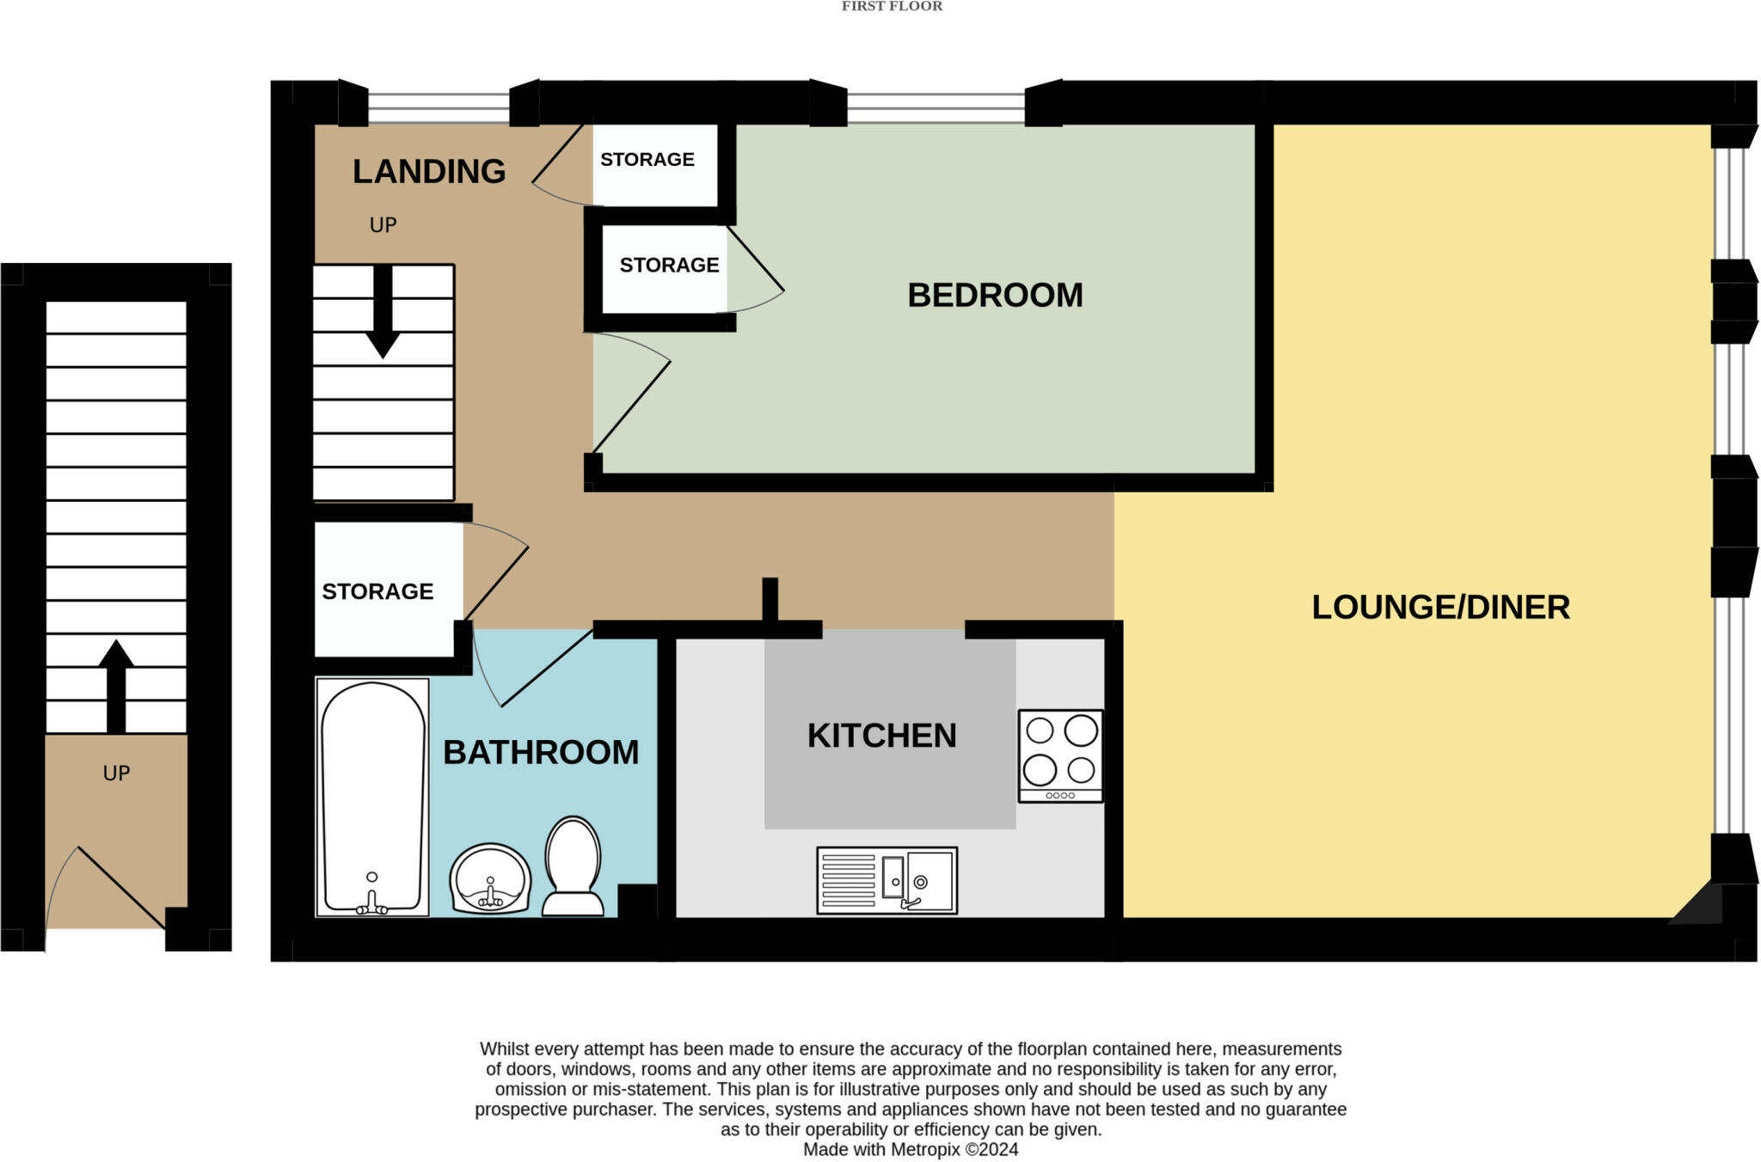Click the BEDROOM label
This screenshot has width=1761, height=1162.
click(x=995, y=295)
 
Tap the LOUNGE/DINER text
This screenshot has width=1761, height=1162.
click(x=1440, y=607)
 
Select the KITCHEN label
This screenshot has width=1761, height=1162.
click(x=881, y=736)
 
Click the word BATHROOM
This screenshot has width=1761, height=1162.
click(x=541, y=752)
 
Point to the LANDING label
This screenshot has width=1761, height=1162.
click(x=429, y=171)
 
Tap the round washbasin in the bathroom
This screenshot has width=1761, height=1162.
click(x=490, y=880)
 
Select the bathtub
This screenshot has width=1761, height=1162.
click(x=372, y=796)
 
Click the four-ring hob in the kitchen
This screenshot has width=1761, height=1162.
click(x=1060, y=755)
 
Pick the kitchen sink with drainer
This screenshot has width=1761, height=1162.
click(x=887, y=880)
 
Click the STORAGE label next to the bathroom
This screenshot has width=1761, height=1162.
click(x=377, y=591)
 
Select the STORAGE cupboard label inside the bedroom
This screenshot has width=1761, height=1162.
click(x=669, y=265)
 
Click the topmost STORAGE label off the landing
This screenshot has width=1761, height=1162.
click(x=647, y=159)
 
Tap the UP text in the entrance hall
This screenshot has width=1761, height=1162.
click(x=116, y=773)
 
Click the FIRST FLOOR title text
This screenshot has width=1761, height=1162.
click(x=892, y=7)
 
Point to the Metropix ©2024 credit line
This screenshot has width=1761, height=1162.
click(x=911, y=1149)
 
